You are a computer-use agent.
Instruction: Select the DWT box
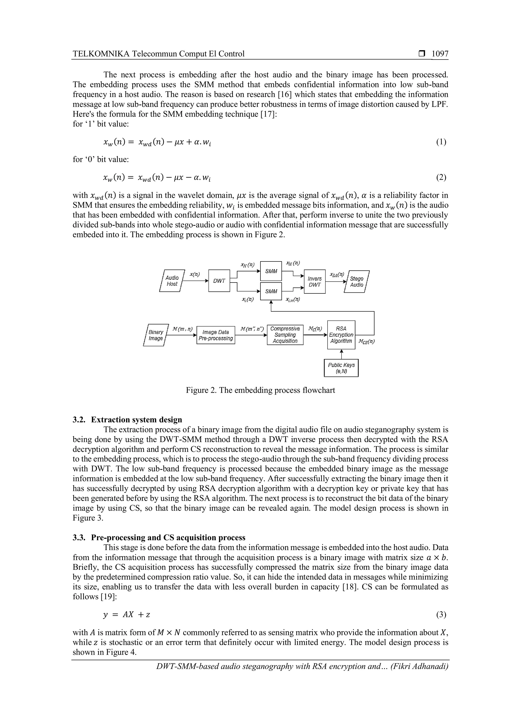(219, 281)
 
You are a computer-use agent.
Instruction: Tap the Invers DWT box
(315, 282)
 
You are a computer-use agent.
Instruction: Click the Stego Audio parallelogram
(357, 282)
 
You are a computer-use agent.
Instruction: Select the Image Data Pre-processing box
(216, 335)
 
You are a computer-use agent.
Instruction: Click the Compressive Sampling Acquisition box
(285, 335)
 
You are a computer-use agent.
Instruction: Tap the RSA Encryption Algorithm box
(341, 335)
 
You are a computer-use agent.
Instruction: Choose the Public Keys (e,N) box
(341, 368)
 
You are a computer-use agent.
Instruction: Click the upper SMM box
(271, 271)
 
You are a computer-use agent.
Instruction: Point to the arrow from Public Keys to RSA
(341, 354)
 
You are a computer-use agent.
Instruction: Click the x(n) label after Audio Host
(195, 274)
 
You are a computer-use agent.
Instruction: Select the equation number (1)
(441, 142)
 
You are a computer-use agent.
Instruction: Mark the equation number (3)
(441, 615)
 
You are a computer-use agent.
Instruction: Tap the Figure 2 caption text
(260, 390)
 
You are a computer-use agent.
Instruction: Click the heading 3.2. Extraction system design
(127, 420)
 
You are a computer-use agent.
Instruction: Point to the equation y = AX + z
(127, 615)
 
